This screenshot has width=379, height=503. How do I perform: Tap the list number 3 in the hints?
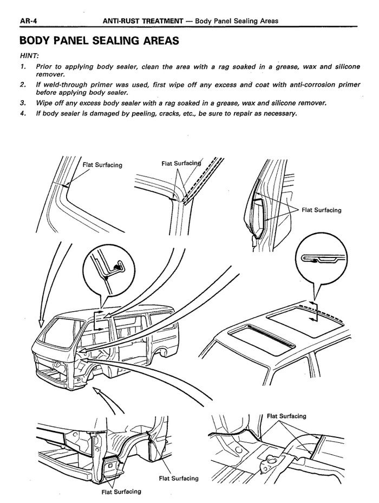pos(22,102)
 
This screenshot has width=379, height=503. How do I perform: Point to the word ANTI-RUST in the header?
pos(124,21)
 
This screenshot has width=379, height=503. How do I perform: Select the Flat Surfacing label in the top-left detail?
pos(102,165)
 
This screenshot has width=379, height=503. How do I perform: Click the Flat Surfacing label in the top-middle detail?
pos(181,163)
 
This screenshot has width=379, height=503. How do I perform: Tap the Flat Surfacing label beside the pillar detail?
pos(322,210)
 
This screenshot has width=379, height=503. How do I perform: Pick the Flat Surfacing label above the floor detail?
pos(286,416)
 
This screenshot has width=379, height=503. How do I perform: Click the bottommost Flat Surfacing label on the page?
pos(121,492)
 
